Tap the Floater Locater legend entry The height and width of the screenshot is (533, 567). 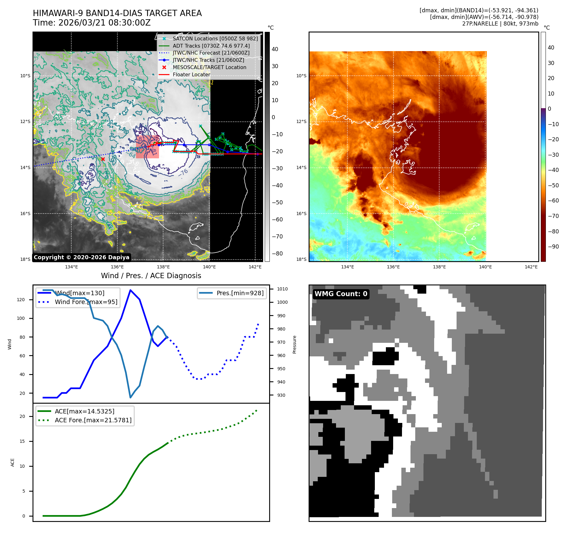coord(191,75)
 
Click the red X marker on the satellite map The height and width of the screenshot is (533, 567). coord(103,159)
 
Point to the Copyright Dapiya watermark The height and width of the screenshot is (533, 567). coord(81,257)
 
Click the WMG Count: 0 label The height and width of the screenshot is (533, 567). coord(341,294)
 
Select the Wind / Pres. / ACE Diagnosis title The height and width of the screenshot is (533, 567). coord(151,276)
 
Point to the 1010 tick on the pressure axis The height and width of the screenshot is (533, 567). coord(282,289)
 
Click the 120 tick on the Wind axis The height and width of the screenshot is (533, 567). coord(21,300)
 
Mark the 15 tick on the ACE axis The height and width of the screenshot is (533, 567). coord(22,441)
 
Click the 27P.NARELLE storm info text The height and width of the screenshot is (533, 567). coord(500,24)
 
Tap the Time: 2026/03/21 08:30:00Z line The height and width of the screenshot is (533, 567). coord(92,23)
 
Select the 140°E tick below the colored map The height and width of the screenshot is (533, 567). coord(485,267)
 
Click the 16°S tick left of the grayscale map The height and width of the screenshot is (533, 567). coord(26,214)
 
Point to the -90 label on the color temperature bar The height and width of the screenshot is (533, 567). coord(553,247)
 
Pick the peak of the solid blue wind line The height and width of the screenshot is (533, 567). coord(130,290)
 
